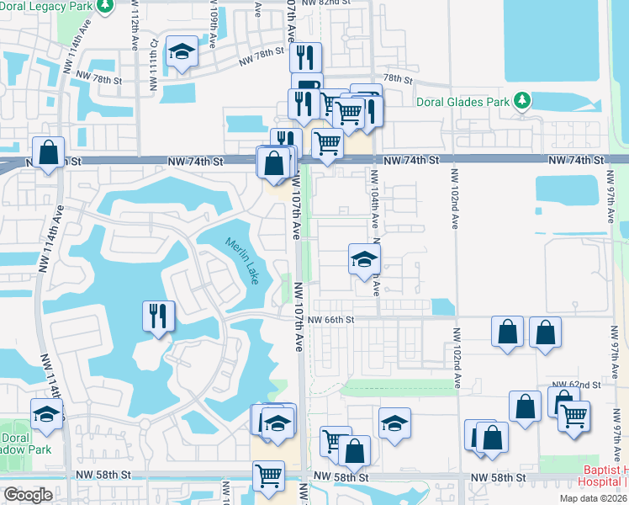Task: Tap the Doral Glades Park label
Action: point(463,102)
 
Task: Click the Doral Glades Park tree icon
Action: point(523,101)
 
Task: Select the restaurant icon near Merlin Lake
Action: point(158,316)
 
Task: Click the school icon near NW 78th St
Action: point(182,51)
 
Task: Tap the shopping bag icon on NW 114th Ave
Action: point(49,152)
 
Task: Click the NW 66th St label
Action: point(331,320)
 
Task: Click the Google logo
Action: point(28,495)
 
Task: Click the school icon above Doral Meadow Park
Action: point(47,413)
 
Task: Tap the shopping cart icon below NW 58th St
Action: point(268,476)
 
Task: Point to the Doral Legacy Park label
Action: point(47,6)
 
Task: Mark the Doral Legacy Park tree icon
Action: point(105,7)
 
